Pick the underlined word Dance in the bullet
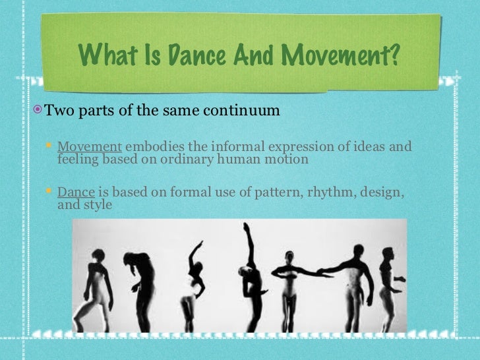(x=76, y=193)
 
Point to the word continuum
(x=244, y=109)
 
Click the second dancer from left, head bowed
(x=140, y=277)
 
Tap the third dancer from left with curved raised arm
(x=192, y=284)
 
